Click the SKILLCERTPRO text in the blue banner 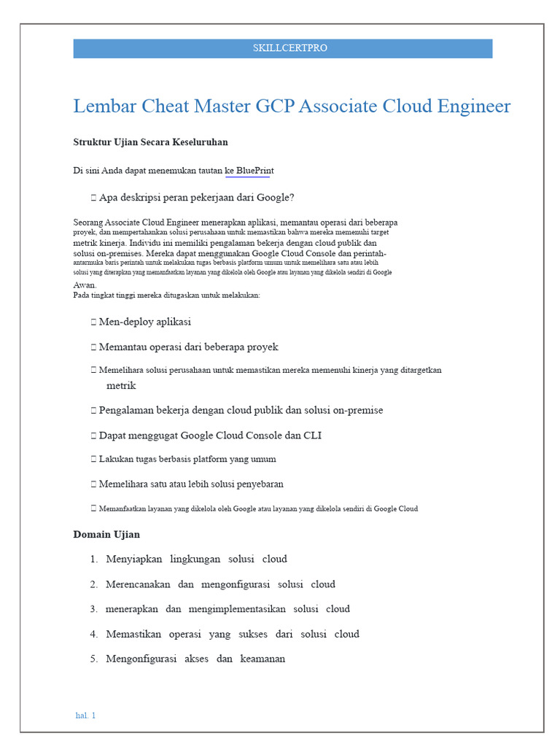[x=289, y=48]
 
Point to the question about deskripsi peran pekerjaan [x=196, y=198]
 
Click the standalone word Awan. [x=85, y=285]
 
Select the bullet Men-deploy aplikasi [x=144, y=322]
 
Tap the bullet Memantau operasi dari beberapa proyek [x=188, y=347]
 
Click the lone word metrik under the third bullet [x=121, y=385]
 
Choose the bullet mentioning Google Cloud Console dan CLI [x=210, y=436]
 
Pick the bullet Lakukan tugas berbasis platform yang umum [x=187, y=460]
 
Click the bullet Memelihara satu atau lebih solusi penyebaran [x=191, y=484]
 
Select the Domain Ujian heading [x=106, y=535]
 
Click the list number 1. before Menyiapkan [x=94, y=560]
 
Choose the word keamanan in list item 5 [x=262, y=659]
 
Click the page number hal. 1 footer [x=85, y=716]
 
